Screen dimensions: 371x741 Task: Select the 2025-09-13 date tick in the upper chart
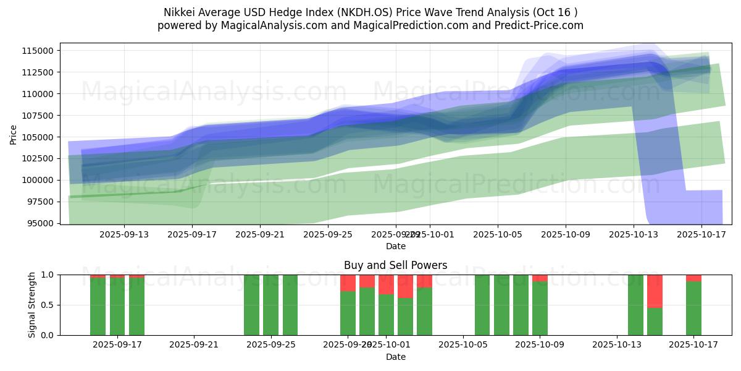(x=124, y=234)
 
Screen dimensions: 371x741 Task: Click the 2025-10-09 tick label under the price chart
(x=566, y=234)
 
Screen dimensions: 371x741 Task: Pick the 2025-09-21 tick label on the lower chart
(x=194, y=345)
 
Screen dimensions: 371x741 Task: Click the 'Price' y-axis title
(x=14, y=134)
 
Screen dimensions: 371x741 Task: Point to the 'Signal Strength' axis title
(x=31, y=305)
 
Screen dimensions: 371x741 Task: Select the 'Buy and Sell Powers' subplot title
(x=395, y=265)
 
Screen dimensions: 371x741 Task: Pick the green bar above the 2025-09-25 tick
(x=270, y=305)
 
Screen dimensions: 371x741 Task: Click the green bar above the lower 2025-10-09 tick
(x=540, y=308)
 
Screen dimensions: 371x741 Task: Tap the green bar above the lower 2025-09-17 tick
(x=117, y=306)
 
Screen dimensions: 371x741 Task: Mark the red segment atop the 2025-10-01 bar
(x=386, y=284)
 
